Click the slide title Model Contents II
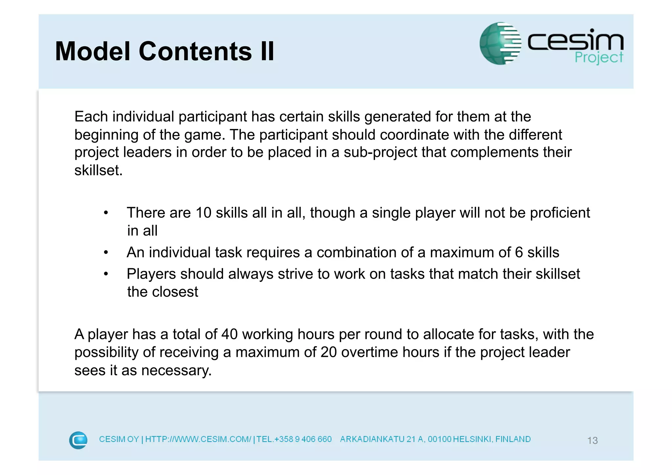164,51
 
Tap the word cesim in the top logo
575,41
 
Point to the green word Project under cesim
598,58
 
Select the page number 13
592,440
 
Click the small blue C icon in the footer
78,440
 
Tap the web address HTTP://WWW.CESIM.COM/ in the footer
198,439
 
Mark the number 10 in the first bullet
203,213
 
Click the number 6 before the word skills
519,252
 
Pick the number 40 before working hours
229,334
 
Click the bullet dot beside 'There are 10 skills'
106,213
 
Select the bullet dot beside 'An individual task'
106,253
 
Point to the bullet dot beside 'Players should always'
106,274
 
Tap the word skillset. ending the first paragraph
98,170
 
